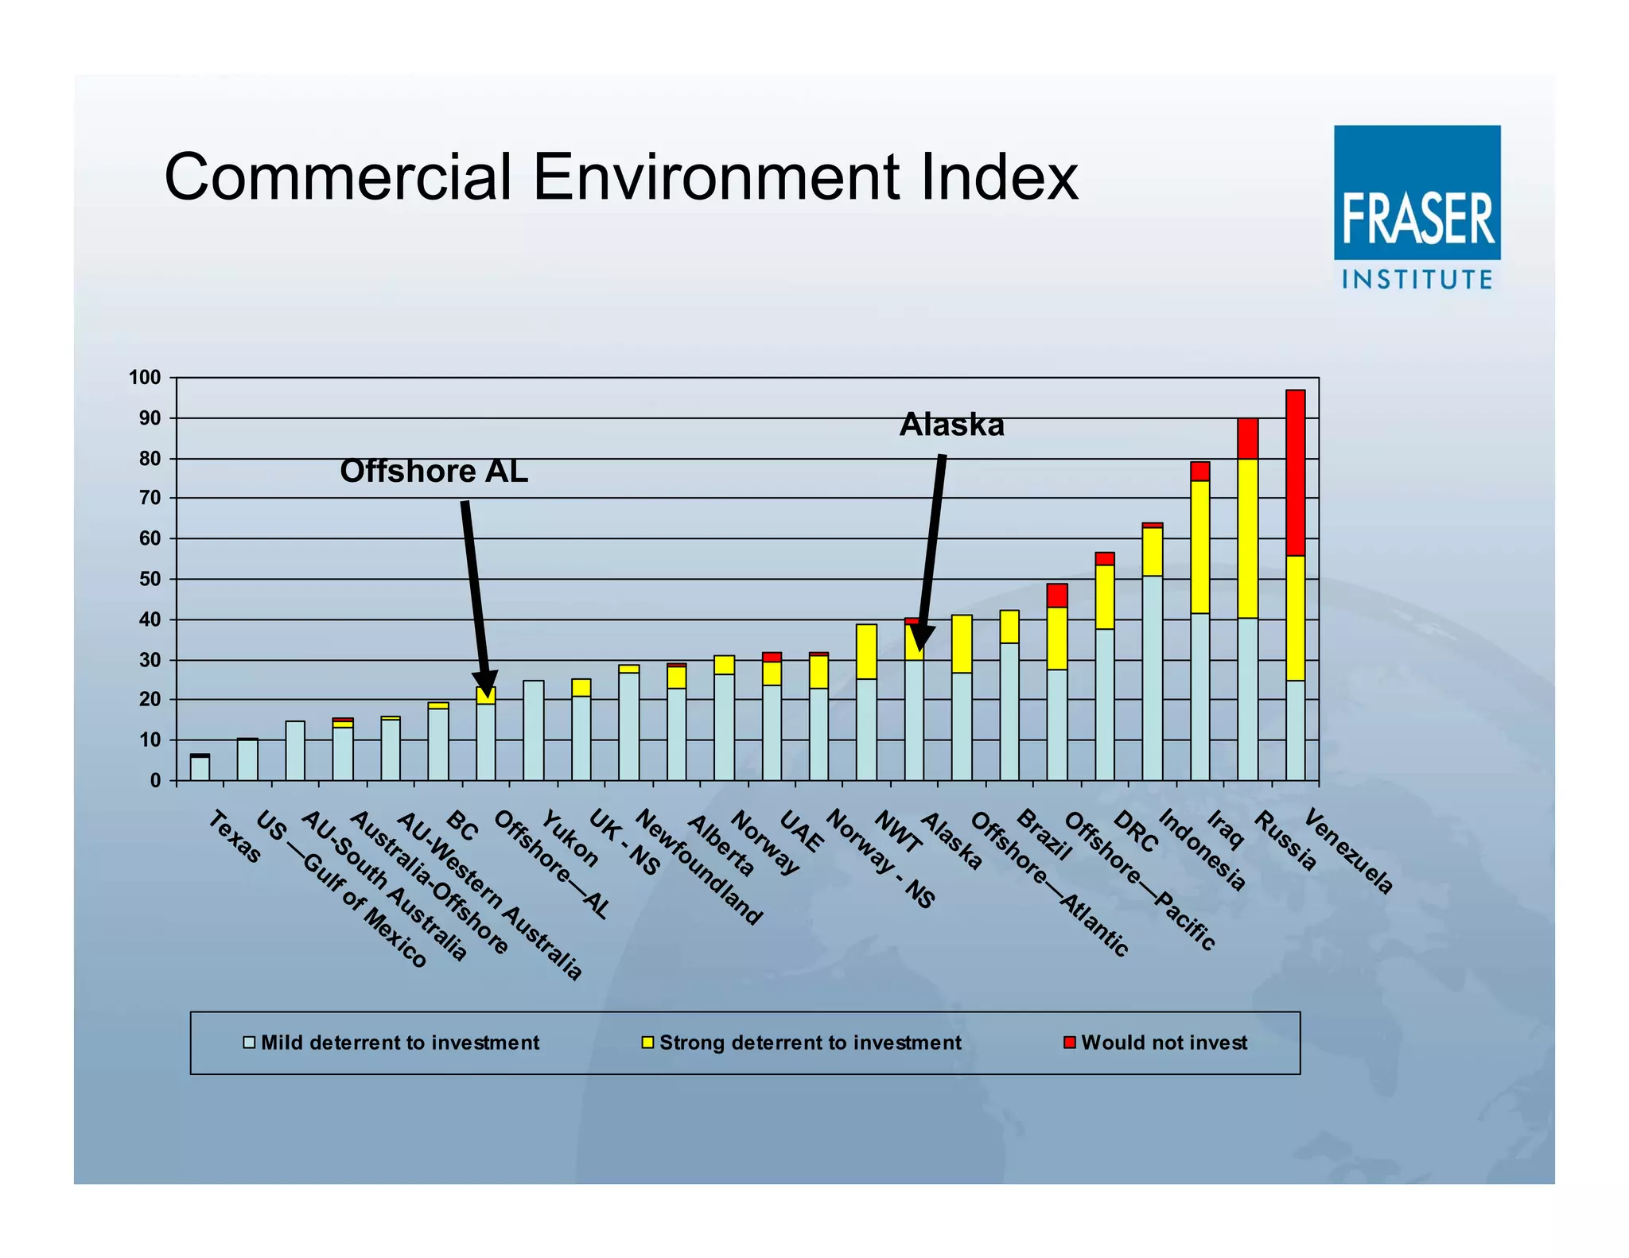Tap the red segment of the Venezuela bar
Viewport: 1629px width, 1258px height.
pos(1295,472)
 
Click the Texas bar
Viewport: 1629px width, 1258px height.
pos(200,767)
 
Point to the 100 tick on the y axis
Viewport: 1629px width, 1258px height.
pos(145,378)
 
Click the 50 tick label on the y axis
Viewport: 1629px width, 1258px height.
pos(150,580)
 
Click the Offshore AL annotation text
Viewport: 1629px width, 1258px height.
pos(433,472)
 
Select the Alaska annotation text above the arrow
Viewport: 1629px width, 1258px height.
pos(951,425)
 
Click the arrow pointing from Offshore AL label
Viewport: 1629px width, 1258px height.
pos(475,596)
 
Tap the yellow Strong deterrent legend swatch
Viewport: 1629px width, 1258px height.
pos(647,1043)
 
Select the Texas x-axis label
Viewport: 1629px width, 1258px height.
pos(235,837)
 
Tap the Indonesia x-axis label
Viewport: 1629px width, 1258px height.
pos(1201,849)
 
